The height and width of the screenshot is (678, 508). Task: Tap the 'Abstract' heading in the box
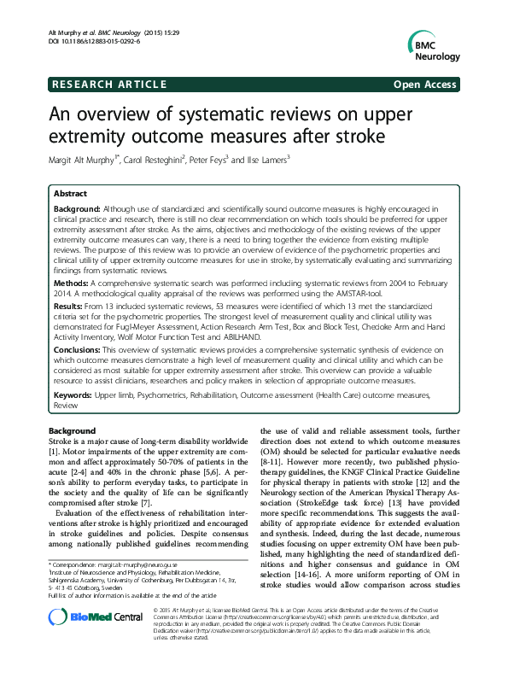point(71,194)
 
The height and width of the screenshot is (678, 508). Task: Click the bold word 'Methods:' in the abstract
point(73,281)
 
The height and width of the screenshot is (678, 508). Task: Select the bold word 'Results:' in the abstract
point(71,304)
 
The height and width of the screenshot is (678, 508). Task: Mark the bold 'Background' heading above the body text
point(73,430)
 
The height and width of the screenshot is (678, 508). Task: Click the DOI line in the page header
point(90,41)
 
